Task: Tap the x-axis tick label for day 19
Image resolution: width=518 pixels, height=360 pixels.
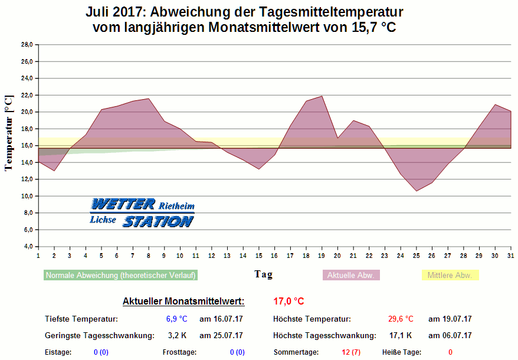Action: pos(322,255)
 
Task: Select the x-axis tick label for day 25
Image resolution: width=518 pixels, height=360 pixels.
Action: pos(416,255)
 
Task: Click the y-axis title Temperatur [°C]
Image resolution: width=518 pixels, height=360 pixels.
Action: pos(8,133)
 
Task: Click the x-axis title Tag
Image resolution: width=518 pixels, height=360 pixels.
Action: pos(263,274)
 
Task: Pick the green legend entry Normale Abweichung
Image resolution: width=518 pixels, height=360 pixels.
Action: pos(120,275)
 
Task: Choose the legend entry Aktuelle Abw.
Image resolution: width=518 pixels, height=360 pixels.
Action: pos(352,275)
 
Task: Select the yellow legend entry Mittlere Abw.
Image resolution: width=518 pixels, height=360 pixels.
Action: pos(450,275)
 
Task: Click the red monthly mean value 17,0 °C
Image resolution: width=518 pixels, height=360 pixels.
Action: pos(288,302)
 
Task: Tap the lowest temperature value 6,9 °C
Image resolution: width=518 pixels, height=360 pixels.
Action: pos(176,319)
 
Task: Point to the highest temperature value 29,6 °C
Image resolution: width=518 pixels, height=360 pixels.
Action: pos(401,319)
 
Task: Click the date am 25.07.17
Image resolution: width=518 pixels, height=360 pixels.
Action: pos(221,336)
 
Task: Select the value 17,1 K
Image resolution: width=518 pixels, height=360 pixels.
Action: pos(401,336)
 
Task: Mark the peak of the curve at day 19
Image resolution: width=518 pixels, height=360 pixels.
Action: pos(322,96)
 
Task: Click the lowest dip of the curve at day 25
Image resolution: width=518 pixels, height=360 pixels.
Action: pos(416,191)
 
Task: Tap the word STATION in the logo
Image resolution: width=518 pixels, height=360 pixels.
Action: pos(158,221)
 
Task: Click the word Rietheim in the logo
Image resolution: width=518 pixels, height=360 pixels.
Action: pos(176,206)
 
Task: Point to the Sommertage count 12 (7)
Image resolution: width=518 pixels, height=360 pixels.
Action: pos(351,352)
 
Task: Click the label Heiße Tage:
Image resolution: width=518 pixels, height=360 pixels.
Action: pos(402,352)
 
